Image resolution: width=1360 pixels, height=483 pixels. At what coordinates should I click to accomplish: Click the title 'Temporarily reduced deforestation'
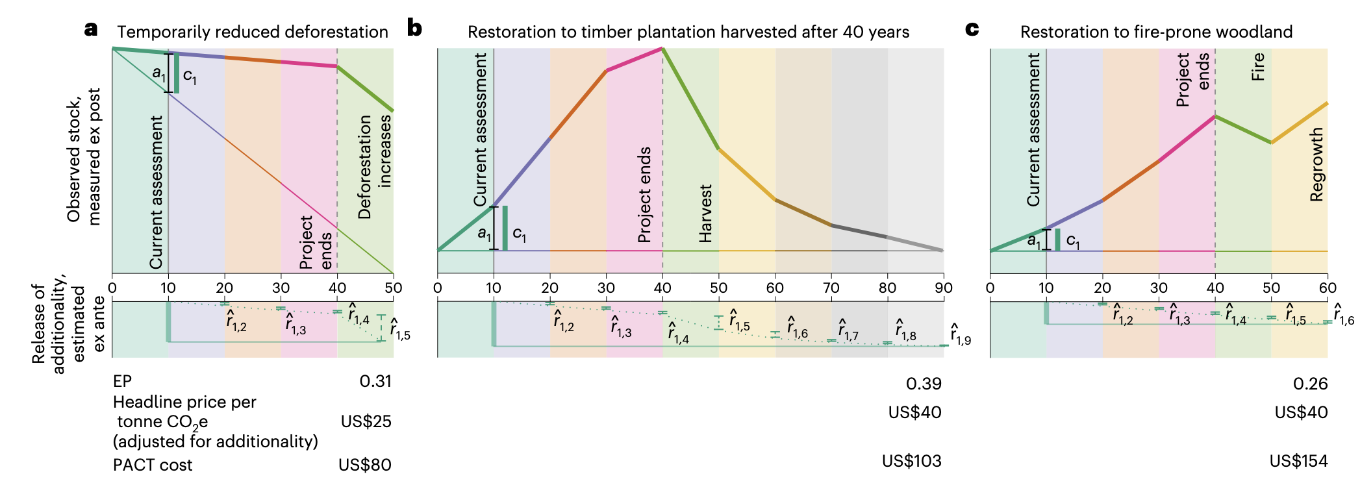pyautogui.click(x=252, y=32)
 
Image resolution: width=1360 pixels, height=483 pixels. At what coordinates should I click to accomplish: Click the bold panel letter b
pyautogui.click(x=414, y=29)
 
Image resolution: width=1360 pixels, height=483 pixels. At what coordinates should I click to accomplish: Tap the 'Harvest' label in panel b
pyautogui.click(x=705, y=214)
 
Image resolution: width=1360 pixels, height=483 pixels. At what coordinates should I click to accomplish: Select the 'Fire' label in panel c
pyautogui.click(x=1258, y=67)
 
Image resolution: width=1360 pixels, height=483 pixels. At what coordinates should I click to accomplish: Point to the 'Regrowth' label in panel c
pyautogui.click(x=1316, y=164)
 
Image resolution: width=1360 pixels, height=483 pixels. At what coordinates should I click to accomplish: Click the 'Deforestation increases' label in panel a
pyautogui.click(x=375, y=167)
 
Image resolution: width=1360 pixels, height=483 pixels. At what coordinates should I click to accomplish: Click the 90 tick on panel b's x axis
pyautogui.click(x=944, y=288)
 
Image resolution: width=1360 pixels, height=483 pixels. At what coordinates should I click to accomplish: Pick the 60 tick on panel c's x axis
pyautogui.click(x=1328, y=288)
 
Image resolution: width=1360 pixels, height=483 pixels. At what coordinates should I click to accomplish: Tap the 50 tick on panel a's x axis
pyautogui.click(x=394, y=288)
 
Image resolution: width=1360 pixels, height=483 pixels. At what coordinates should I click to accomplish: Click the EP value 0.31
pyautogui.click(x=375, y=381)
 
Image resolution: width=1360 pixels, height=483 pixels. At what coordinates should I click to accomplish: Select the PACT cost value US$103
pyautogui.click(x=911, y=461)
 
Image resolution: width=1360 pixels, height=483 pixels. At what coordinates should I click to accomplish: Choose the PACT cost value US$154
pyautogui.click(x=1298, y=461)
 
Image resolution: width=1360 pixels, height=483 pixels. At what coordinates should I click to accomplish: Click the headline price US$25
pyautogui.click(x=366, y=421)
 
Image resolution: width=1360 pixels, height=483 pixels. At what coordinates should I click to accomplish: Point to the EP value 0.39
pyautogui.click(x=924, y=384)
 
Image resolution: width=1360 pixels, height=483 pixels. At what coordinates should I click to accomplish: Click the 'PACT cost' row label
pyautogui.click(x=153, y=465)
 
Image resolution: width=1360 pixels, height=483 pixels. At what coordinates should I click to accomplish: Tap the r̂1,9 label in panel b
pyautogui.click(x=960, y=334)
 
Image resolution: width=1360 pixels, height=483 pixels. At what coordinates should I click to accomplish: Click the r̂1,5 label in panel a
pyautogui.click(x=400, y=330)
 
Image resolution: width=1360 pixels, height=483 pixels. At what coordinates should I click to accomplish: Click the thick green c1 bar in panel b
pyautogui.click(x=505, y=228)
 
